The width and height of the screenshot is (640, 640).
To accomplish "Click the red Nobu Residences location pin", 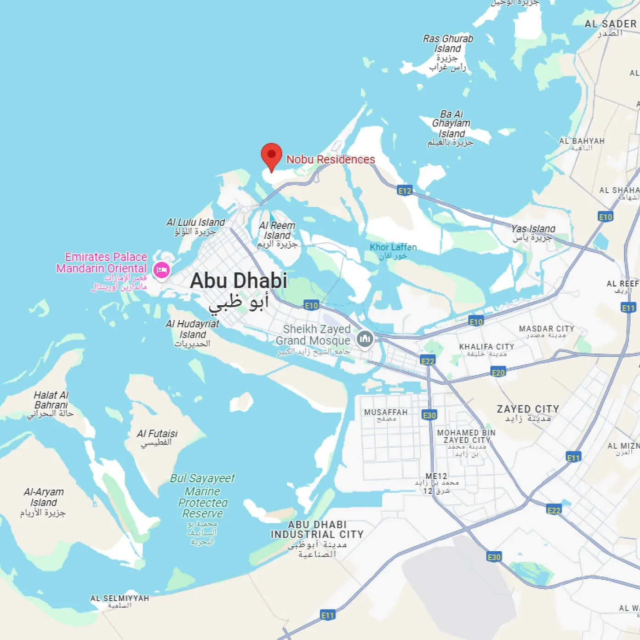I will click(x=271, y=156).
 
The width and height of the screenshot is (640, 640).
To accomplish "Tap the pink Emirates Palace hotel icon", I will click(x=161, y=270).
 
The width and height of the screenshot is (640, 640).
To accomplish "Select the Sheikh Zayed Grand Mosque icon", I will click(x=365, y=339).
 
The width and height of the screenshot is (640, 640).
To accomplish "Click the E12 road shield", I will click(x=405, y=190).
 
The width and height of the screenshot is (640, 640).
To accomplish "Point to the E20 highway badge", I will click(x=498, y=372).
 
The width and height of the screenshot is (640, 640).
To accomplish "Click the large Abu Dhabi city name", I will click(x=239, y=280).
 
